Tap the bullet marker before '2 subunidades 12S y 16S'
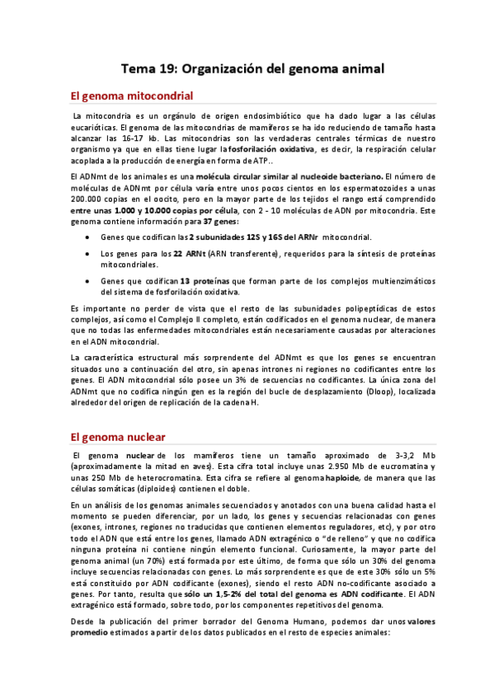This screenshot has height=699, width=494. click(x=89, y=237)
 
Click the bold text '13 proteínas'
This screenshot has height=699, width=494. click(x=204, y=280)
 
